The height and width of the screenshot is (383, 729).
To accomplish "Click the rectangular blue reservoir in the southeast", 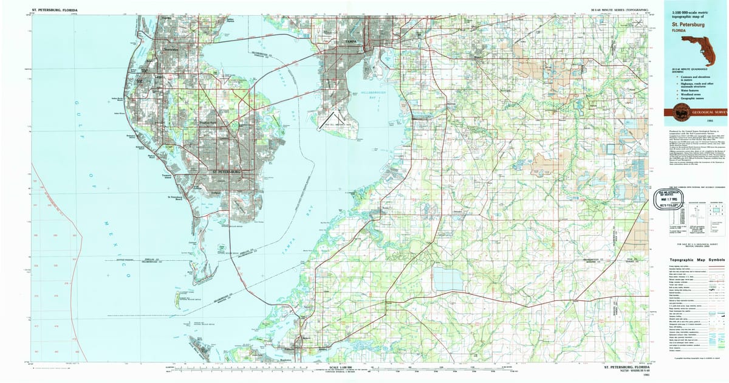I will click(447, 279).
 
